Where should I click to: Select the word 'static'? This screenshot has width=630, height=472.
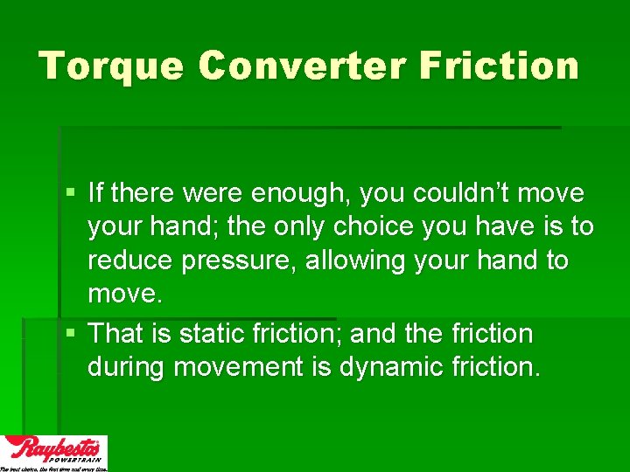[x=208, y=333]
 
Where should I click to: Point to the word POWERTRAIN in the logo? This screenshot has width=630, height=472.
[x=76, y=458]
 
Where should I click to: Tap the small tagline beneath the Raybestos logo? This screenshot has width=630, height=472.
[x=53, y=469]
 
